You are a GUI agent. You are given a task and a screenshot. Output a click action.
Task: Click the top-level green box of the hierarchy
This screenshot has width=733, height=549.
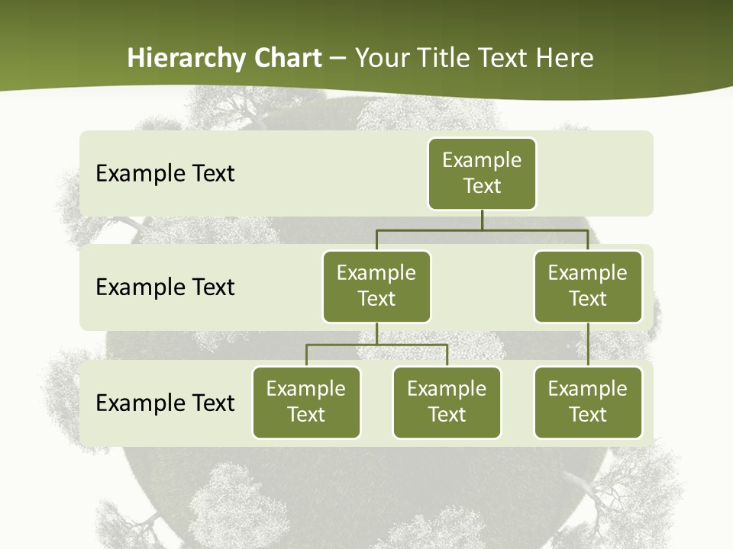[x=482, y=173]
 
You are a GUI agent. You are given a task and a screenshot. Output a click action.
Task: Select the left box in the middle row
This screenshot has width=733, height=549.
[x=376, y=286]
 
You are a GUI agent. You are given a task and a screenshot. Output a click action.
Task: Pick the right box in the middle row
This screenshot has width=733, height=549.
[x=588, y=286]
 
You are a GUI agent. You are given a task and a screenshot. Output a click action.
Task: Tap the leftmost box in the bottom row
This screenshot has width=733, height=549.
[x=306, y=402]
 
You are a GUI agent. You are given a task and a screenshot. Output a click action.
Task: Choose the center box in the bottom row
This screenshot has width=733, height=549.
[x=447, y=402]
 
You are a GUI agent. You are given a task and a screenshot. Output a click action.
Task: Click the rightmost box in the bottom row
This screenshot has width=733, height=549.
[x=588, y=402]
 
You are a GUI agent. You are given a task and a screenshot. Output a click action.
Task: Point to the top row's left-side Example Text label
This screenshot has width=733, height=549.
[x=165, y=173]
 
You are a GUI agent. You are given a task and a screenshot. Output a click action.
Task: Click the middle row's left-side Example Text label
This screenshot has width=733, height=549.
[x=165, y=287]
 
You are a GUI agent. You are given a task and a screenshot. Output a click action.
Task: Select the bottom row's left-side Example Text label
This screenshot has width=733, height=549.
[x=165, y=403]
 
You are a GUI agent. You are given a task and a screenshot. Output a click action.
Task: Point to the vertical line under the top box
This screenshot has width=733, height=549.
[x=482, y=220]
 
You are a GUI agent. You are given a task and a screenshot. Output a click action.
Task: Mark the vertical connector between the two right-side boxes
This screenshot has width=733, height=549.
[x=588, y=344]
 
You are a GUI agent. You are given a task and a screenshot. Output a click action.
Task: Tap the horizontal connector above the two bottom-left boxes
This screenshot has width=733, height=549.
[x=376, y=345]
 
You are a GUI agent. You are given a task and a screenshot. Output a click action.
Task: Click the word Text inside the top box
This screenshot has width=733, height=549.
[x=482, y=186]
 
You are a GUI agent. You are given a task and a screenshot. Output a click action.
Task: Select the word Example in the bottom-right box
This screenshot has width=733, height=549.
[x=588, y=389]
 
